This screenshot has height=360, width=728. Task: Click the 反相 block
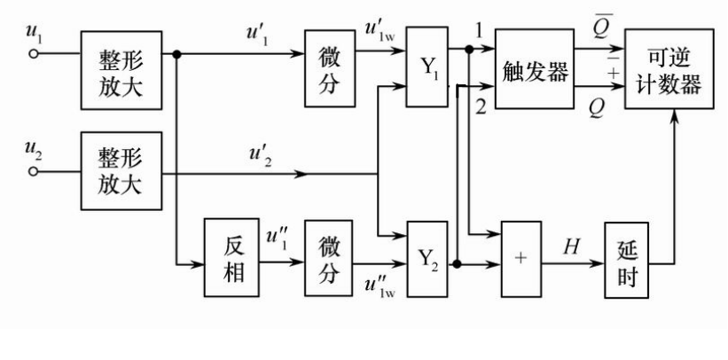coord(231,257)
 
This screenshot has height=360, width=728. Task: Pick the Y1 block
coord(427,67)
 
